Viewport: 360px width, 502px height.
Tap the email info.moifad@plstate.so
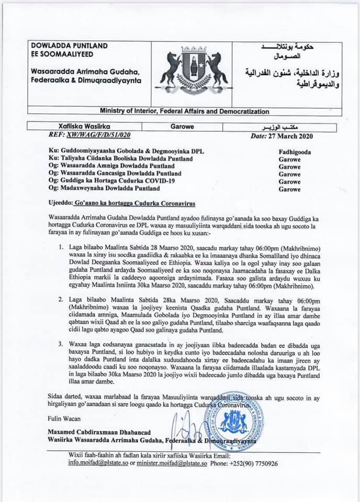(x=98, y=463)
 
